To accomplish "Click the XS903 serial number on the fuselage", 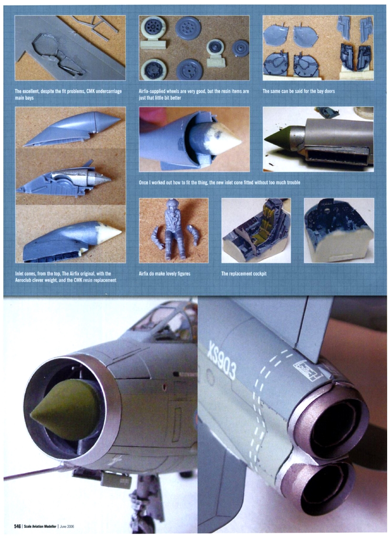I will [222, 361].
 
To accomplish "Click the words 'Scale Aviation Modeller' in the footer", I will [40, 526].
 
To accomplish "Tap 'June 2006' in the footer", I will [67, 526].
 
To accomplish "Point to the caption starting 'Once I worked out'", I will [220, 182].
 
